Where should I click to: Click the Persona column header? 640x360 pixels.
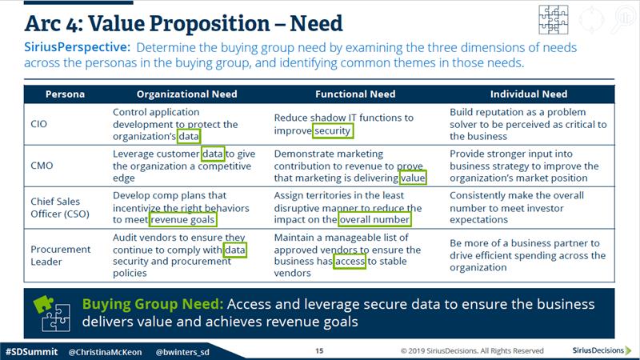pyautogui.click(x=65, y=94)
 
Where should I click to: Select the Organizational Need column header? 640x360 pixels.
pyautogui.click(x=187, y=94)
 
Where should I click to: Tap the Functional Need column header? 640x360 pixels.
pyautogui.click(x=355, y=94)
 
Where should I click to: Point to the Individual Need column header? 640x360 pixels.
pyautogui.click(x=529, y=94)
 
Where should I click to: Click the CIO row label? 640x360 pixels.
pyautogui.click(x=38, y=124)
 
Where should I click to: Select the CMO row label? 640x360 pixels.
pyautogui.click(x=42, y=166)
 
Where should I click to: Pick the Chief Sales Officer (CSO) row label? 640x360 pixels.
pyautogui.click(x=60, y=207)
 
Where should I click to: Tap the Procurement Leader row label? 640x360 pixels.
pyautogui.click(x=61, y=255)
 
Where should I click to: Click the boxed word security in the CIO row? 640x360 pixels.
pyautogui.click(x=333, y=130)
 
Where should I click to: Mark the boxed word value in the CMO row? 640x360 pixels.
pyautogui.click(x=413, y=178)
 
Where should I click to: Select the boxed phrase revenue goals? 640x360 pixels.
pyautogui.click(x=182, y=219)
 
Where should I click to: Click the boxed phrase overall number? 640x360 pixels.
pyautogui.click(x=374, y=219)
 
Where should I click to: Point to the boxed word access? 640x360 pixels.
pyautogui.click(x=350, y=262)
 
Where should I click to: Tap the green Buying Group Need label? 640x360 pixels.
pyautogui.click(x=153, y=304)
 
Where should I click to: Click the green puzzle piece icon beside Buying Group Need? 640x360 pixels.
pyautogui.click(x=43, y=305)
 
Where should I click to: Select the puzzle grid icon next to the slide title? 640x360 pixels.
pyautogui.click(x=553, y=19)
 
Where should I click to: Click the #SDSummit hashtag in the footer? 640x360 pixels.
pyautogui.click(x=31, y=351)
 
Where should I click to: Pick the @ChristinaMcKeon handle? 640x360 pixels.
pyautogui.click(x=105, y=352)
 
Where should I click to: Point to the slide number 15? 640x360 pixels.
pyautogui.click(x=319, y=350)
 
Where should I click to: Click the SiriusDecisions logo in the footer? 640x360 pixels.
pyautogui.click(x=602, y=350)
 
